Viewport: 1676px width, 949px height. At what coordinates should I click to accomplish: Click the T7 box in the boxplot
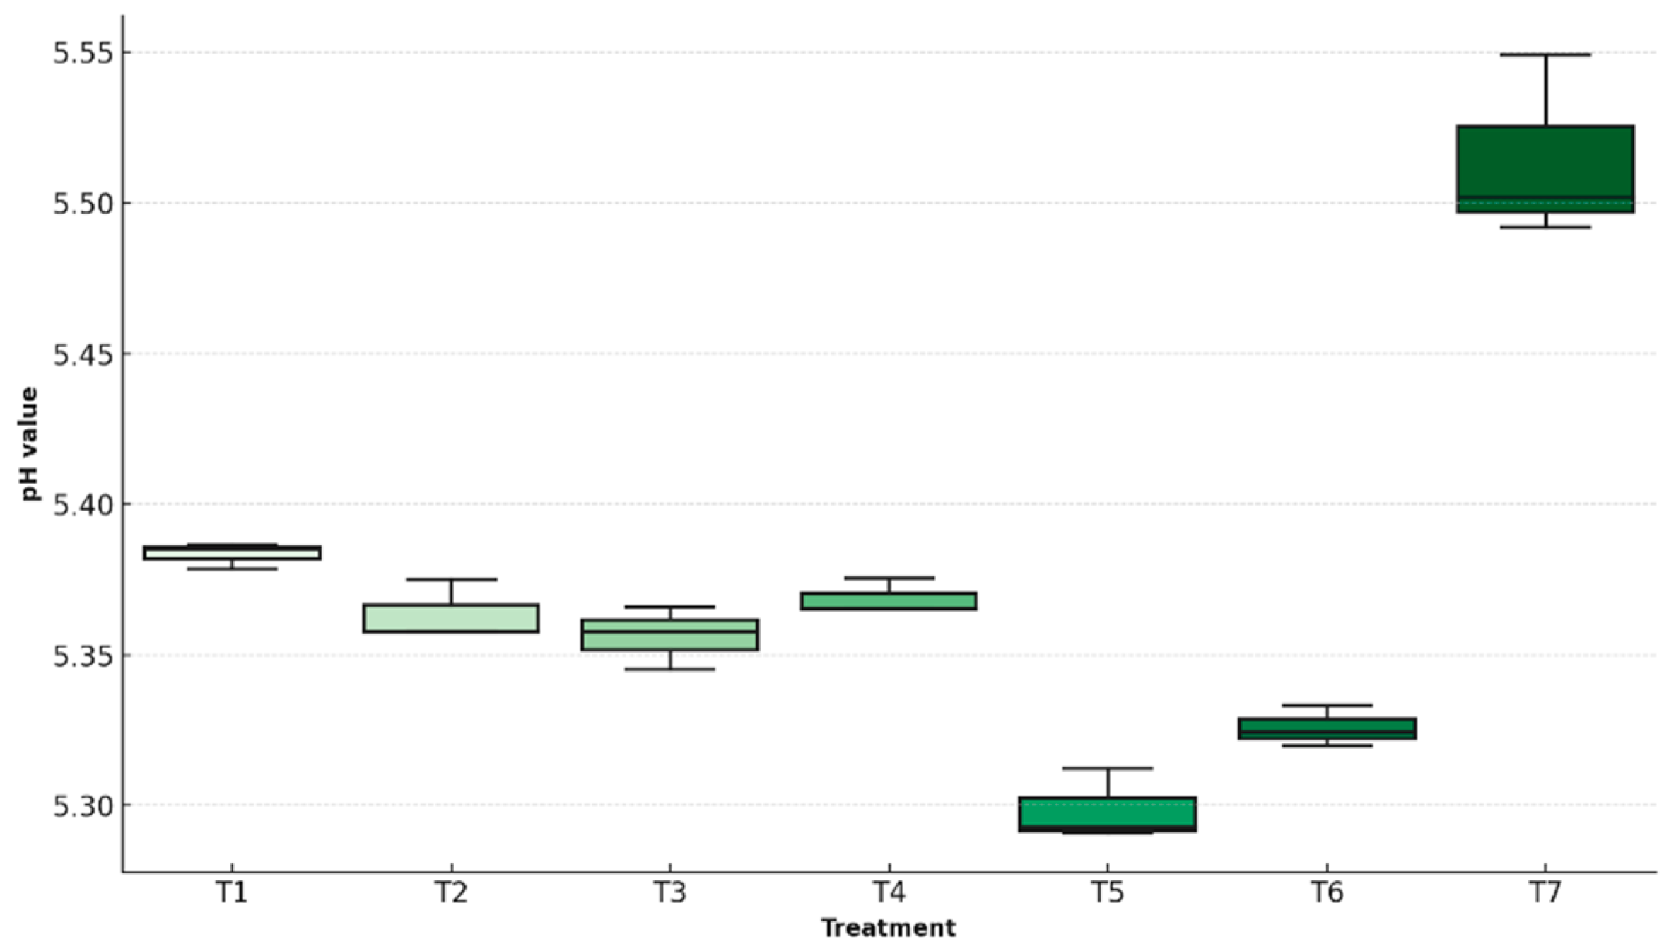pyautogui.click(x=1545, y=168)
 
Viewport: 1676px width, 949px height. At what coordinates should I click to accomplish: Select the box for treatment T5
pyautogui.click(x=1108, y=813)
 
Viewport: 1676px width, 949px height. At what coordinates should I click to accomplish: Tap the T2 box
pyautogui.click(x=451, y=619)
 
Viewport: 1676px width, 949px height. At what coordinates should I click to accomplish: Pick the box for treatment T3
pyautogui.click(x=669, y=635)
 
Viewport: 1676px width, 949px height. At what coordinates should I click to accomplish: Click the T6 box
pyautogui.click(x=1327, y=728)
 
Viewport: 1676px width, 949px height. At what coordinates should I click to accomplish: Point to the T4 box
pyautogui.click(x=889, y=601)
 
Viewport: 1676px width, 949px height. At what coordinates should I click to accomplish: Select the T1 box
pyautogui.click(x=232, y=553)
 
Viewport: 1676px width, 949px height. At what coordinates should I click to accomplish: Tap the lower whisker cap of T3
pyautogui.click(x=669, y=669)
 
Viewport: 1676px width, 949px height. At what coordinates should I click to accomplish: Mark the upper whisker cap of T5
pyautogui.click(x=1108, y=768)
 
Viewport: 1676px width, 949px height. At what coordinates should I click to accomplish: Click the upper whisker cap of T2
pyautogui.click(x=451, y=579)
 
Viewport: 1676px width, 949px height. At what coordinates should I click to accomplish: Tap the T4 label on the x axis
pyautogui.click(x=889, y=893)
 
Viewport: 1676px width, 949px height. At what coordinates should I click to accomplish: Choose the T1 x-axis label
pyautogui.click(x=232, y=893)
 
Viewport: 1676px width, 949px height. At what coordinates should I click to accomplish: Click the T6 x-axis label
pyautogui.click(x=1327, y=893)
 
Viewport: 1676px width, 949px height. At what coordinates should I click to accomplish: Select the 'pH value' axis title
pyautogui.click(x=30, y=444)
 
